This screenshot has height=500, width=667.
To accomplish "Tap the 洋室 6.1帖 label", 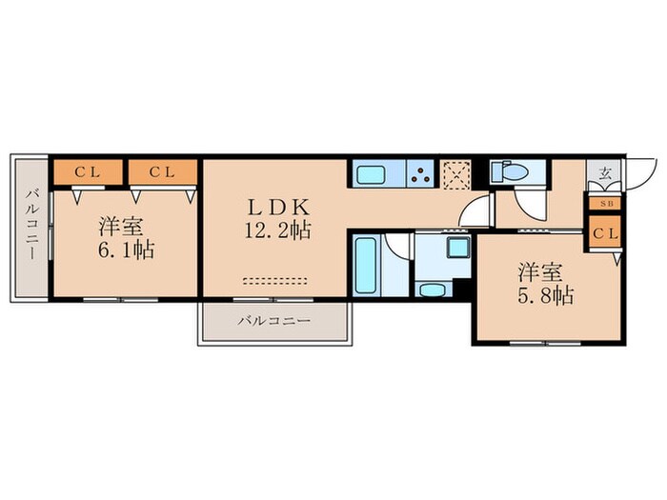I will coord(124,238).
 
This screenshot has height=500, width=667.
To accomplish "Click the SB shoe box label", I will coord(604,202).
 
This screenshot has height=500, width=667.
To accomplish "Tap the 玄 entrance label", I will coord(604,174).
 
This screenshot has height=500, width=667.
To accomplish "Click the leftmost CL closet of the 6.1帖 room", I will coord(87,172).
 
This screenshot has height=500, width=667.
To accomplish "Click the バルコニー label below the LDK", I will coord(274,322).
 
